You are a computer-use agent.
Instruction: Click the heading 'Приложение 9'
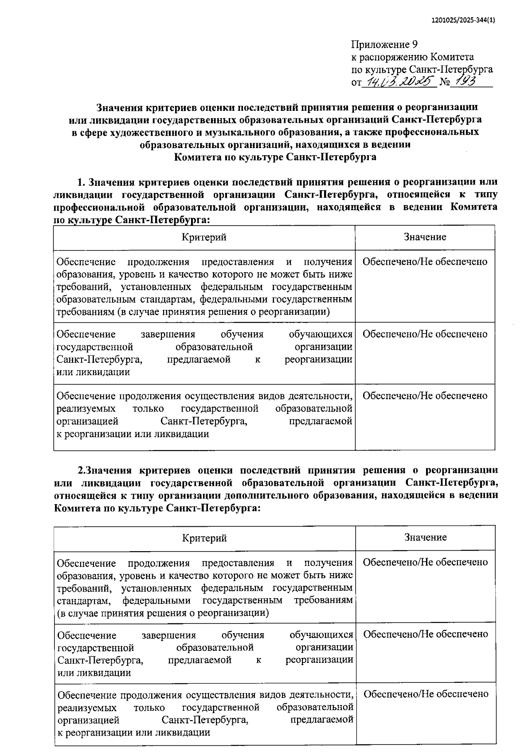[x=384, y=44]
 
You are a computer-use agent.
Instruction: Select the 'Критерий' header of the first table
[x=204, y=237]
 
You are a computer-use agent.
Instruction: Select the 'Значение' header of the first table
[x=425, y=237]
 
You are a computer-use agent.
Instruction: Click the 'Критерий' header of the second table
[x=204, y=538]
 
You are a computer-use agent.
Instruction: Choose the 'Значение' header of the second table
[x=425, y=537]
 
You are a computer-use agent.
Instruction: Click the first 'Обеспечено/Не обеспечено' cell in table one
[x=425, y=262]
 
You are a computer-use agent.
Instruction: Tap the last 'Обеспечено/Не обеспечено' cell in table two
[x=426, y=694]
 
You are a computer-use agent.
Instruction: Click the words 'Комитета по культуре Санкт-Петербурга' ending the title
[x=275, y=157]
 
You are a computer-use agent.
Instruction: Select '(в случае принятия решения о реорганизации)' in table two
[x=163, y=613]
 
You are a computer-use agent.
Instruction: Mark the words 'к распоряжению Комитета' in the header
[x=412, y=57]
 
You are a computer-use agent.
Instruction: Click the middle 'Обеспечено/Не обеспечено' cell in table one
[x=425, y=334]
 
